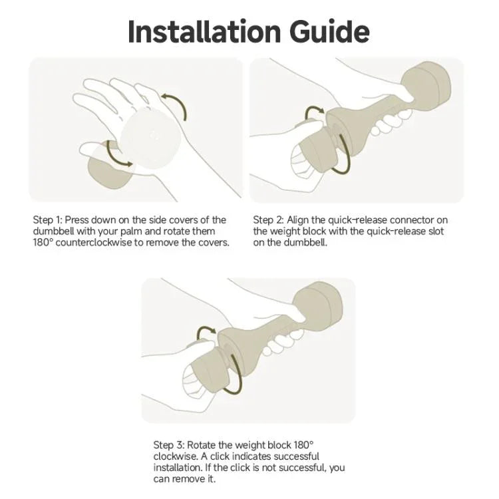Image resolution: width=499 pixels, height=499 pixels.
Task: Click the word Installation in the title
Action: point(204,31)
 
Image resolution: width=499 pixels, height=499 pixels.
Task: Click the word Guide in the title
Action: point(329,31)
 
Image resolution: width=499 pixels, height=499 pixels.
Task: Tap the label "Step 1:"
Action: point(47,220)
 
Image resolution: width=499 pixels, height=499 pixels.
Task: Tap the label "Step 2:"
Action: point(268,220)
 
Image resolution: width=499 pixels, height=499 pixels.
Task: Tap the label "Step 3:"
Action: point(169,445)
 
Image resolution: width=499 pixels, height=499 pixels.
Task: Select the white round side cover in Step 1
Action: point(150,138)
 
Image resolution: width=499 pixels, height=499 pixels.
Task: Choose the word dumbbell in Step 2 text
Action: point(305,242)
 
